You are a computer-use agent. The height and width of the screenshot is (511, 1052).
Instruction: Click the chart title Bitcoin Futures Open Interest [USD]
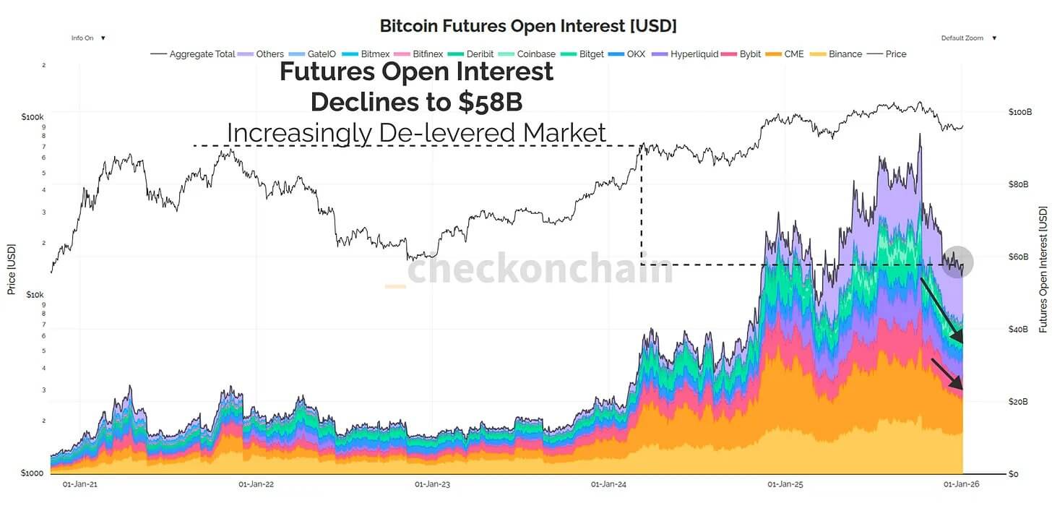[528, 26]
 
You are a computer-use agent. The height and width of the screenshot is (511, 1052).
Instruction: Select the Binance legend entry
[838, 54]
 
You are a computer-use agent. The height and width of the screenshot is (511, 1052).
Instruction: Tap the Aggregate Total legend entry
[194, 54]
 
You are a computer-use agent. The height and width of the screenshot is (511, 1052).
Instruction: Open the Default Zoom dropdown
[968, 38]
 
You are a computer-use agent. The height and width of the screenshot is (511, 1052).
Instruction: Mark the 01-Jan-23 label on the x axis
[432, 485]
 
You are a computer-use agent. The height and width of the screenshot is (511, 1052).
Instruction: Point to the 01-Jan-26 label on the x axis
[960, 485]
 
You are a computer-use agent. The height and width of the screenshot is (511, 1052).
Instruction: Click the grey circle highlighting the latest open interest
[958, 262]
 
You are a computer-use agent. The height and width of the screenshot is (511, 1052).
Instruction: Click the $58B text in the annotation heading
[489, 103]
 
